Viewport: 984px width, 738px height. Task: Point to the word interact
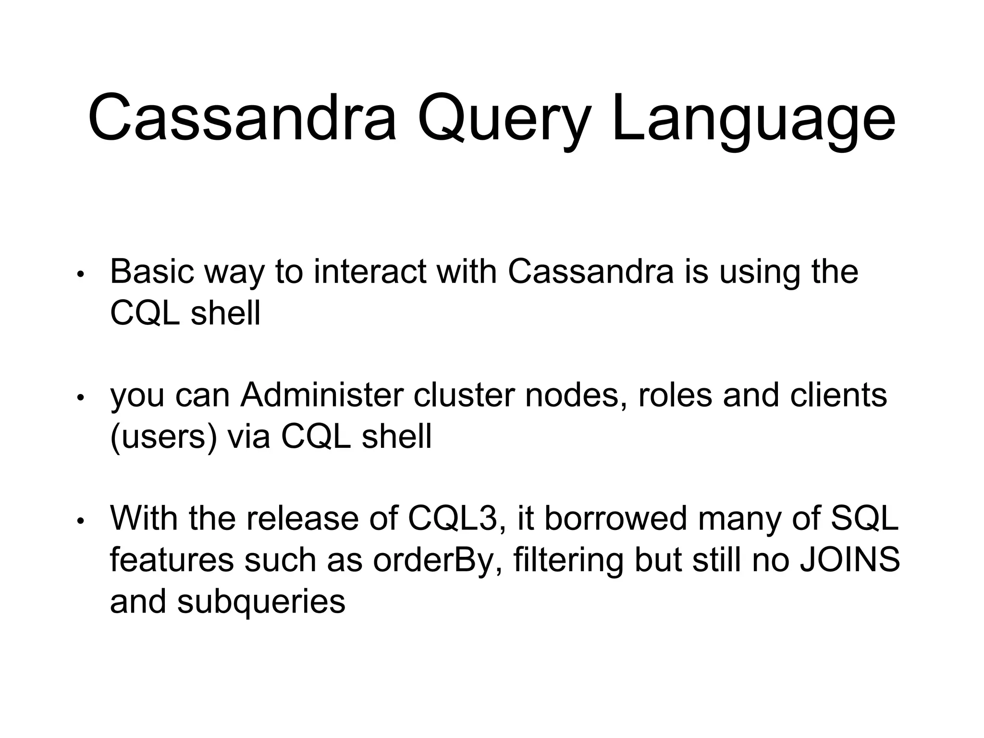(369, 272)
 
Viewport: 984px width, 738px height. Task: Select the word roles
(675, 395)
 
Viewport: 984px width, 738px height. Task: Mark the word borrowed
(615, 519)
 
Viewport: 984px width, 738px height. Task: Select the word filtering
(568, 560)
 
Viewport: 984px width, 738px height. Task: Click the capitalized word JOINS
(849, 560)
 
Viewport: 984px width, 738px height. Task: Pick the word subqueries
(261, 602)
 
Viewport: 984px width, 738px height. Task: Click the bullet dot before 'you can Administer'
(81, 398)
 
